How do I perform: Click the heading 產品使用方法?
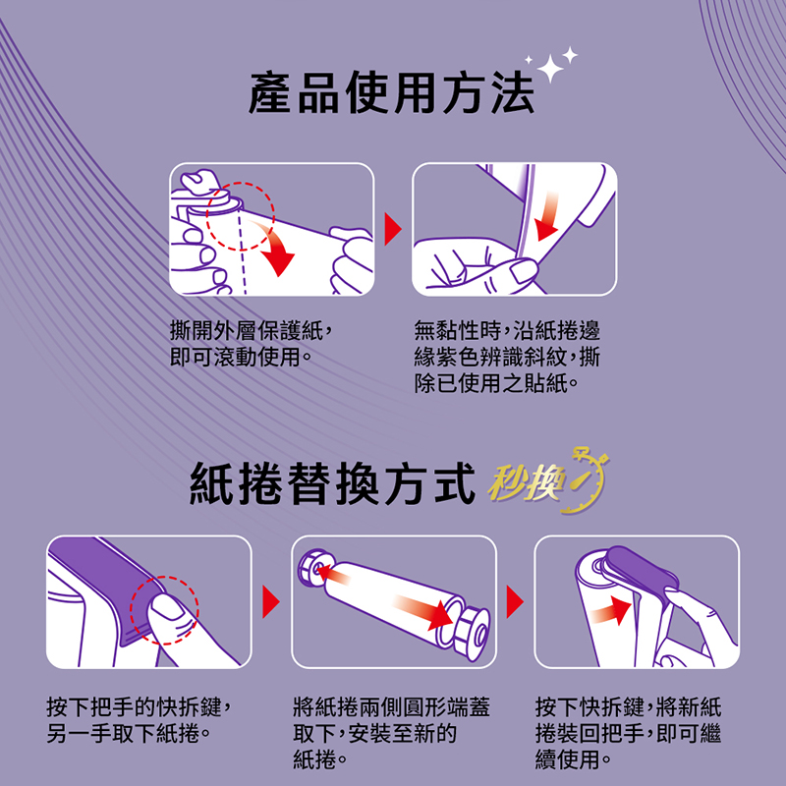[x=391, y=93]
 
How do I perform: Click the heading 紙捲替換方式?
[x=332, y=483]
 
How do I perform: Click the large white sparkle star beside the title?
[x=551, y=68]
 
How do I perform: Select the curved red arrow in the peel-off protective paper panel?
[x=277, y=250]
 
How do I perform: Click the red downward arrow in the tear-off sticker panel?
[x=547, y=215]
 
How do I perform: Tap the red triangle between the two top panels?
[x=392, y=229]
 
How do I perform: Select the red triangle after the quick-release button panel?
[x=271, y=601]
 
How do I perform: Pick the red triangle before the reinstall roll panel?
[x=515, y=601]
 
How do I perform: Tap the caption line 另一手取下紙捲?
[x=129, y=734]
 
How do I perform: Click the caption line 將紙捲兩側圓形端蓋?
[x=391, y=707]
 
